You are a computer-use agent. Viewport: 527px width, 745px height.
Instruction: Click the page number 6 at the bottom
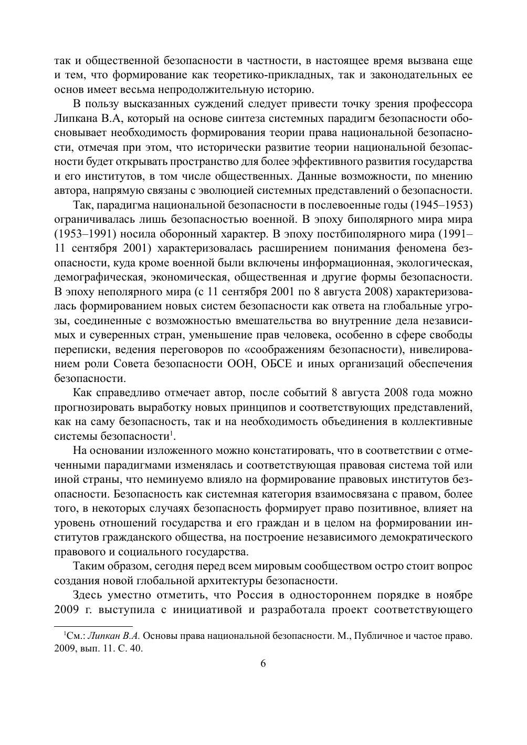point(263,663)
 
